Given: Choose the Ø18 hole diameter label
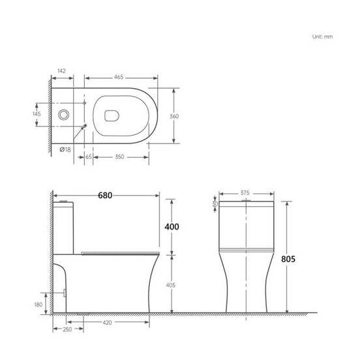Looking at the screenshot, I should click(65, 150).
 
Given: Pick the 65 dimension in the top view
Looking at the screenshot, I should click(87, 157).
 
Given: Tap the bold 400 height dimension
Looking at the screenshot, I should click(172, 226).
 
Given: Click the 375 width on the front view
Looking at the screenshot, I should click(246, 192).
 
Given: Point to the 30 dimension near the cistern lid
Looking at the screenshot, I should click(215, 203).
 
